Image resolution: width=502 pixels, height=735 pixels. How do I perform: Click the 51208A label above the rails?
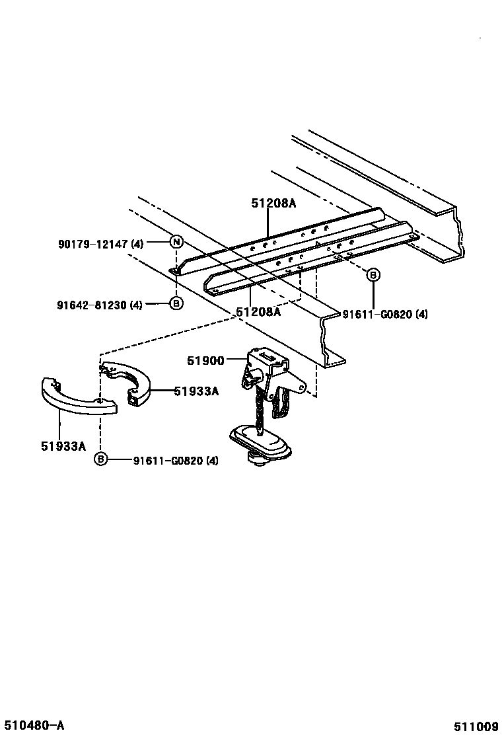point(273,204)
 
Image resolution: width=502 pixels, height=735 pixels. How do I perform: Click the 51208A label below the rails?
point(258,312)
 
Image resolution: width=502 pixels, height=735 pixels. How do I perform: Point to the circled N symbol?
point(176,242)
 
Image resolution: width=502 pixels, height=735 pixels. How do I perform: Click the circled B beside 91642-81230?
point(176,304)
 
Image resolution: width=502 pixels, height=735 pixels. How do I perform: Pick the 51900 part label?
point(206,360)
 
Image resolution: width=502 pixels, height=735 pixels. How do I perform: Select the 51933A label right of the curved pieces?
point(196,391)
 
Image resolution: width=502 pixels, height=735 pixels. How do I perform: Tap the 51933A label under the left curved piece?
point(63,446)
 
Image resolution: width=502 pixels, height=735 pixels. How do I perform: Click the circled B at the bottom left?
point(100,459)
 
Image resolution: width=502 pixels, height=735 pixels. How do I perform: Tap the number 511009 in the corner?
point(476,726)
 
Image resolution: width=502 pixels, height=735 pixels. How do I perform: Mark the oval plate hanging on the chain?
point(259,441)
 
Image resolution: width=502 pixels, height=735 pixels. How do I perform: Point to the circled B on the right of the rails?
point(373,274)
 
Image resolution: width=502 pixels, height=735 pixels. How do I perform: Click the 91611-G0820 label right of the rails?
point(384,315)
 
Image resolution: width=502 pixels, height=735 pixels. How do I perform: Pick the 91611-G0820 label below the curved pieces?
point(175,460)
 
